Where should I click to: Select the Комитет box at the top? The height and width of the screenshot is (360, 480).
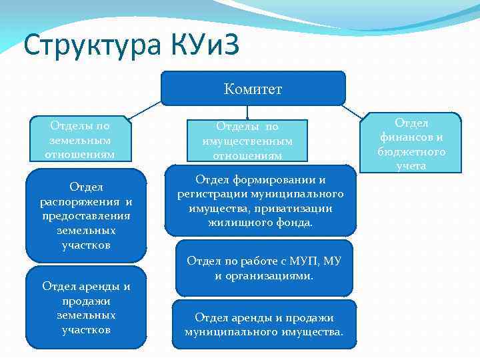coord(253,89)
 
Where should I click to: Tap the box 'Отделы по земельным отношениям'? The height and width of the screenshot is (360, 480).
coord(79,140)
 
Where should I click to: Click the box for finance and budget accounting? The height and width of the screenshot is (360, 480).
coord(411,143)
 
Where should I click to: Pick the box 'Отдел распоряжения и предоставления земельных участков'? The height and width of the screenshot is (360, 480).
coord(85,215)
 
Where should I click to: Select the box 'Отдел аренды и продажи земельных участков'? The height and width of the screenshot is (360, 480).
coord(85,307)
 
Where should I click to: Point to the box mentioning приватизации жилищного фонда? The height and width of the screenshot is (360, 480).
coord(261,201)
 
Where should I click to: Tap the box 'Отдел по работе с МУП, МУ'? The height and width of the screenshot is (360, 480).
coord(264,267)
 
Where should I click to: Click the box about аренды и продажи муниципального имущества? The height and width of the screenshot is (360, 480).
coord(264,324)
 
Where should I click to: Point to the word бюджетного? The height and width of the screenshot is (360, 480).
coord(412,151)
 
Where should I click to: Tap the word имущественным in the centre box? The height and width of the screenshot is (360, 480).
coord(247,141)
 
